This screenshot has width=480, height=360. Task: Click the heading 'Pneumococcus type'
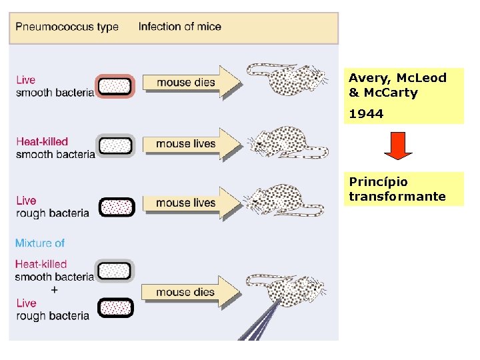67,27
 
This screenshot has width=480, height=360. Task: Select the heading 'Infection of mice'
179,27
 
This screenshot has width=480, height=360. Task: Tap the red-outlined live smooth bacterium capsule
115,86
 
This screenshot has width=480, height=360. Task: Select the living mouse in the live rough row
287,200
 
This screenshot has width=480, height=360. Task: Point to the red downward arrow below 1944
399,146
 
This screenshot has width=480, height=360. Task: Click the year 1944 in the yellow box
366,114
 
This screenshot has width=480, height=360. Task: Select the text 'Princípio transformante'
397,189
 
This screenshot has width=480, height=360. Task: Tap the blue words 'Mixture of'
40,243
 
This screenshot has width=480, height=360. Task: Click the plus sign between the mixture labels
54,290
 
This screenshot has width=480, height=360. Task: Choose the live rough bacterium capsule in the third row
116,207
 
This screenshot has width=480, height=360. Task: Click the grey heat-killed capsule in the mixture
115,270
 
